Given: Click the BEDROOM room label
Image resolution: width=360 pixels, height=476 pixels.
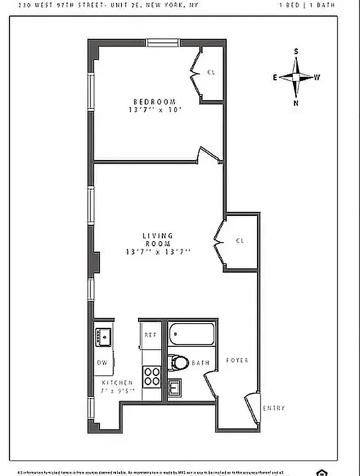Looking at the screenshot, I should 155,101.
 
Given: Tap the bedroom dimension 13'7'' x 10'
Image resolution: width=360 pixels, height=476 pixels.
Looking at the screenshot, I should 154,110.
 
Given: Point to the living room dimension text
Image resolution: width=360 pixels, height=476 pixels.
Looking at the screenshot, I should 158,252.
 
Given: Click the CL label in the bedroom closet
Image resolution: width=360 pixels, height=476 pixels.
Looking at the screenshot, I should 211,72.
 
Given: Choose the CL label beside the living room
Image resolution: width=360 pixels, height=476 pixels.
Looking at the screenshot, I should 240,241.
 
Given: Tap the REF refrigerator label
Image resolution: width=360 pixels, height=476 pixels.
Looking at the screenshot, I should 150,335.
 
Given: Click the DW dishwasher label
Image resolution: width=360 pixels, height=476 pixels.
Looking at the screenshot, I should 102,362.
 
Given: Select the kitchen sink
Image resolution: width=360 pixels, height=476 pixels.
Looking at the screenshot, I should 103,337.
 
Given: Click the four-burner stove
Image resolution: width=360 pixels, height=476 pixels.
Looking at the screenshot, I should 152,376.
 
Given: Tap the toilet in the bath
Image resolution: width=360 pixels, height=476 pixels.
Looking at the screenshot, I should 178,362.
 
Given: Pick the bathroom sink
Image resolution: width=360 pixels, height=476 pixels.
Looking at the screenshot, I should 175,388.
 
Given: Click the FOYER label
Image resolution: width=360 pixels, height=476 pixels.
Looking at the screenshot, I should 237,361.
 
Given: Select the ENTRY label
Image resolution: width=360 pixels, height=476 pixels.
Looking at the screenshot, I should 274,408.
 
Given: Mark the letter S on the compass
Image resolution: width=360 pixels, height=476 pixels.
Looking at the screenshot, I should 296,52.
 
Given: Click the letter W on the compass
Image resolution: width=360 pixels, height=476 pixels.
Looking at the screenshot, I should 317,77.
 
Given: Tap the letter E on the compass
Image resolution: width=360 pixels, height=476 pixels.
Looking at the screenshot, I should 275,77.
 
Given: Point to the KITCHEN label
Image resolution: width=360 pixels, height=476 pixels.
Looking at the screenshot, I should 117,383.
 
